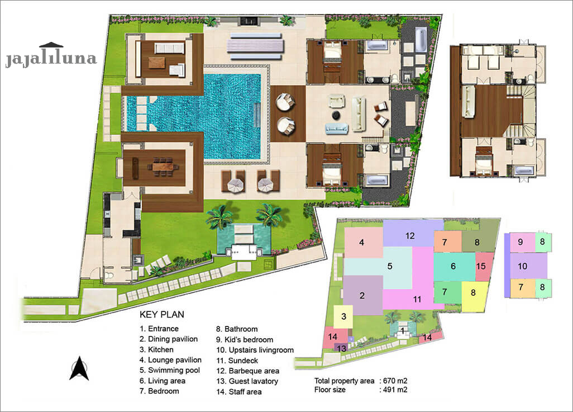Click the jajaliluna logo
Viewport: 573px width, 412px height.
[x=51, y=56]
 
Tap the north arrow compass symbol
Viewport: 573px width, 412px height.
[x=79, y=368]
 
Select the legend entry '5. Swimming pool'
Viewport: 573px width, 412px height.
[x=170, y=370]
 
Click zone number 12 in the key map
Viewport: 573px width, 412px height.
[x=410, y=235]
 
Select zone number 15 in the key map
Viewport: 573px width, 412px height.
[x=481, y=266]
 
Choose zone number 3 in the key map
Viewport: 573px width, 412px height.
[x=344, y=316]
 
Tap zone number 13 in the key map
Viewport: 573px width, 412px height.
[x=342, y=348]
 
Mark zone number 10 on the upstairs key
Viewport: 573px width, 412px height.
[x=523, y=266]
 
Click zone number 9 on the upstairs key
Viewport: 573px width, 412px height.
[x=520, y=242]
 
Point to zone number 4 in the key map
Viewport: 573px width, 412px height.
[x=362, y=243]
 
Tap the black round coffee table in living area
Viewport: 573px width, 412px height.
[x=337, y=115]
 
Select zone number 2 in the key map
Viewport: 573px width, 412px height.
[x=362, y=295]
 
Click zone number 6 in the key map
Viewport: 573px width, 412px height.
[x=453, y=266]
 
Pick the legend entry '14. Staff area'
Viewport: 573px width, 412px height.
[x=245, y=392]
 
